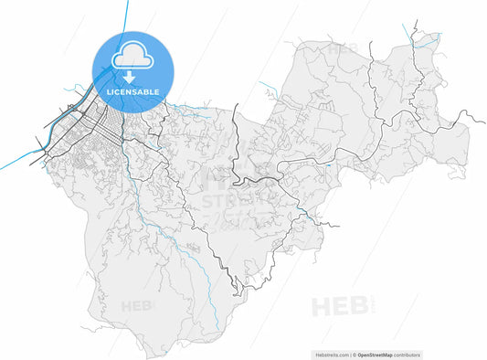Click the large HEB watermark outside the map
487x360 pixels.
(x=341, y=306)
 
